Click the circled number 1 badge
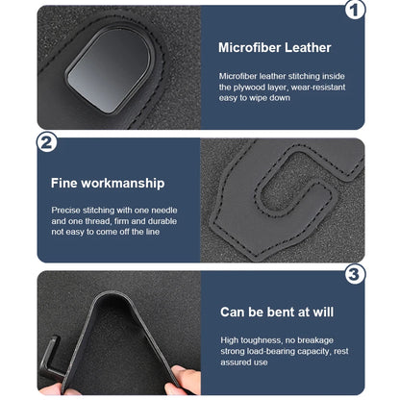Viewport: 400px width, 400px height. [354, 11]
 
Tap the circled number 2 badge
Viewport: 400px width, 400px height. [45, 143]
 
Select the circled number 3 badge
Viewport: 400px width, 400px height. [355, 275]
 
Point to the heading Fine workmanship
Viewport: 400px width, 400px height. [107, 182]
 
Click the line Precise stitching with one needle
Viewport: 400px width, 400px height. [112, 209]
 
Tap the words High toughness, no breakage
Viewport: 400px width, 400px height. [274, 339]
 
